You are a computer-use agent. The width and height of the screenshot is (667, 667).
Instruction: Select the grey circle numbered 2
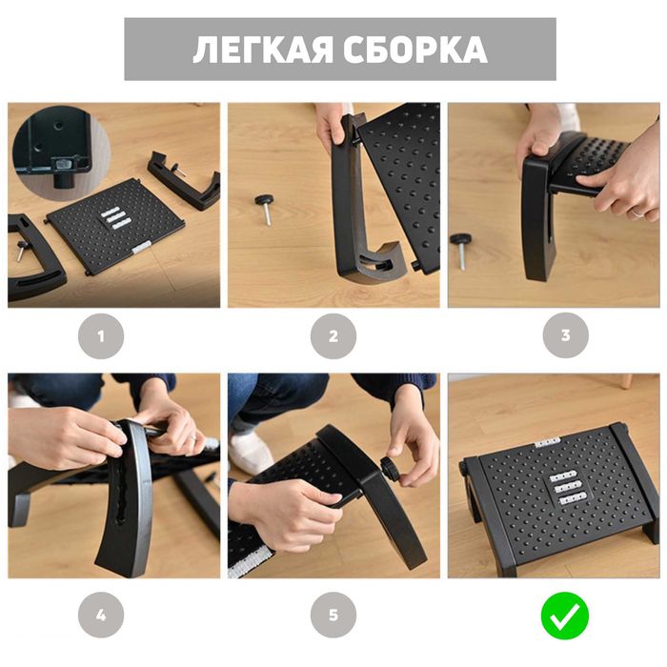pos(333,335)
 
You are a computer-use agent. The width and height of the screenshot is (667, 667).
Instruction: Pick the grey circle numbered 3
pos(565,335)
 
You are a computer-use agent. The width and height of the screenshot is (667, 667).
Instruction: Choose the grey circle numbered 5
pos(333,615)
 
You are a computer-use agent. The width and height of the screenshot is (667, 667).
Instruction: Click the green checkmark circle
pos(565,615)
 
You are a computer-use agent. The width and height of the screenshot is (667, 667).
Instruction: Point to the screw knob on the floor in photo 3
pos(463,241)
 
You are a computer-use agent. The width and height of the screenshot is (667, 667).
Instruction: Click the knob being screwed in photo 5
pos(392,468)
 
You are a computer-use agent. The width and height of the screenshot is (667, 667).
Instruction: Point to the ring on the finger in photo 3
pos(637,213)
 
